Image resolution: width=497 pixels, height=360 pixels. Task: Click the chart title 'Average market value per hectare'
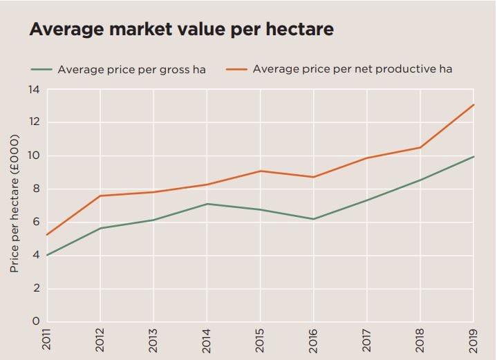[x=181, y=30]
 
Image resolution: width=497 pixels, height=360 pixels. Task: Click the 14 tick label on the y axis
[x=33, y=90]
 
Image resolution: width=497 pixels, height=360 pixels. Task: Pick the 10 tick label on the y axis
[x=33, y=156]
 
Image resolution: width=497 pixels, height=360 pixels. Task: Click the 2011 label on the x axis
[x=47, y=341]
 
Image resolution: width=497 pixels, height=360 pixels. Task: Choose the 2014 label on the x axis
[x=207, y=341]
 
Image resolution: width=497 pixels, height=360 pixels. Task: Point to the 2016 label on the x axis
[x=314, y=341]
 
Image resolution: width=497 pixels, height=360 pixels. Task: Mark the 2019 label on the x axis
[x=473, y=341]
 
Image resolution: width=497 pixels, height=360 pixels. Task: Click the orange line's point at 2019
[x=473, y=105]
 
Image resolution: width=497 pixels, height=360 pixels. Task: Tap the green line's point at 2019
[x=473, y=157]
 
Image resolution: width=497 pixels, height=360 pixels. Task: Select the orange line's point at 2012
[x=101, y=196]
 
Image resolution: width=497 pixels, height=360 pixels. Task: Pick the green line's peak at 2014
[x=207, y=204]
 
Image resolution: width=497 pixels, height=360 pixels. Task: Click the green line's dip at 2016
[x=314, y=219]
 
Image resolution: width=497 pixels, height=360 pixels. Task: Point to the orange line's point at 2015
[x=261, y=171]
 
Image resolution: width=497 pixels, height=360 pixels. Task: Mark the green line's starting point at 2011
[x=47, y=256]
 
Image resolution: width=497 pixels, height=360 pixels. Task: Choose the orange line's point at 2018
[x=420, y=147]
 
